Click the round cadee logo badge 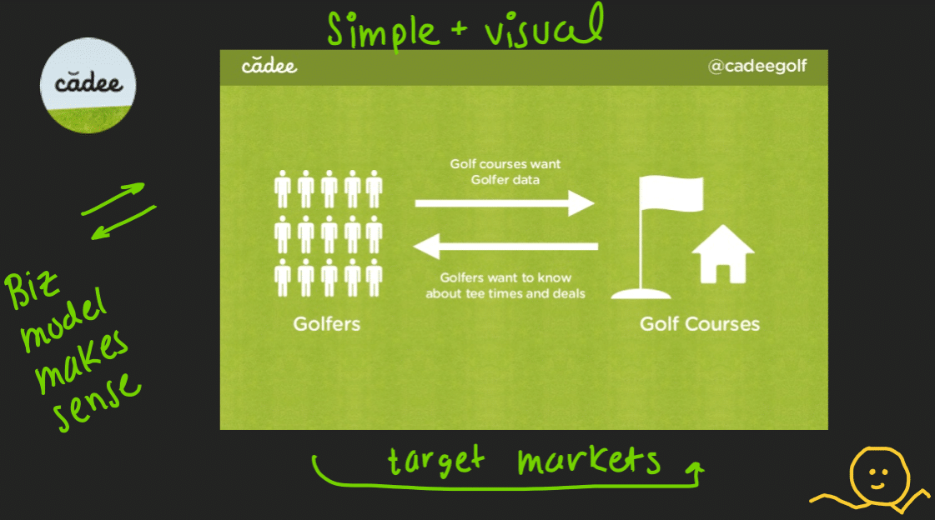88,85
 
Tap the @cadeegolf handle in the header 757,67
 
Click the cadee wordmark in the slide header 269,66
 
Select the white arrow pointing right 504,202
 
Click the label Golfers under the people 327,323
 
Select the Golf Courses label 699,323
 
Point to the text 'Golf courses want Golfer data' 505,172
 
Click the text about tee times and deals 505,286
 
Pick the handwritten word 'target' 437,461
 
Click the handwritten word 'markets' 588,461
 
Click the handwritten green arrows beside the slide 118,212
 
